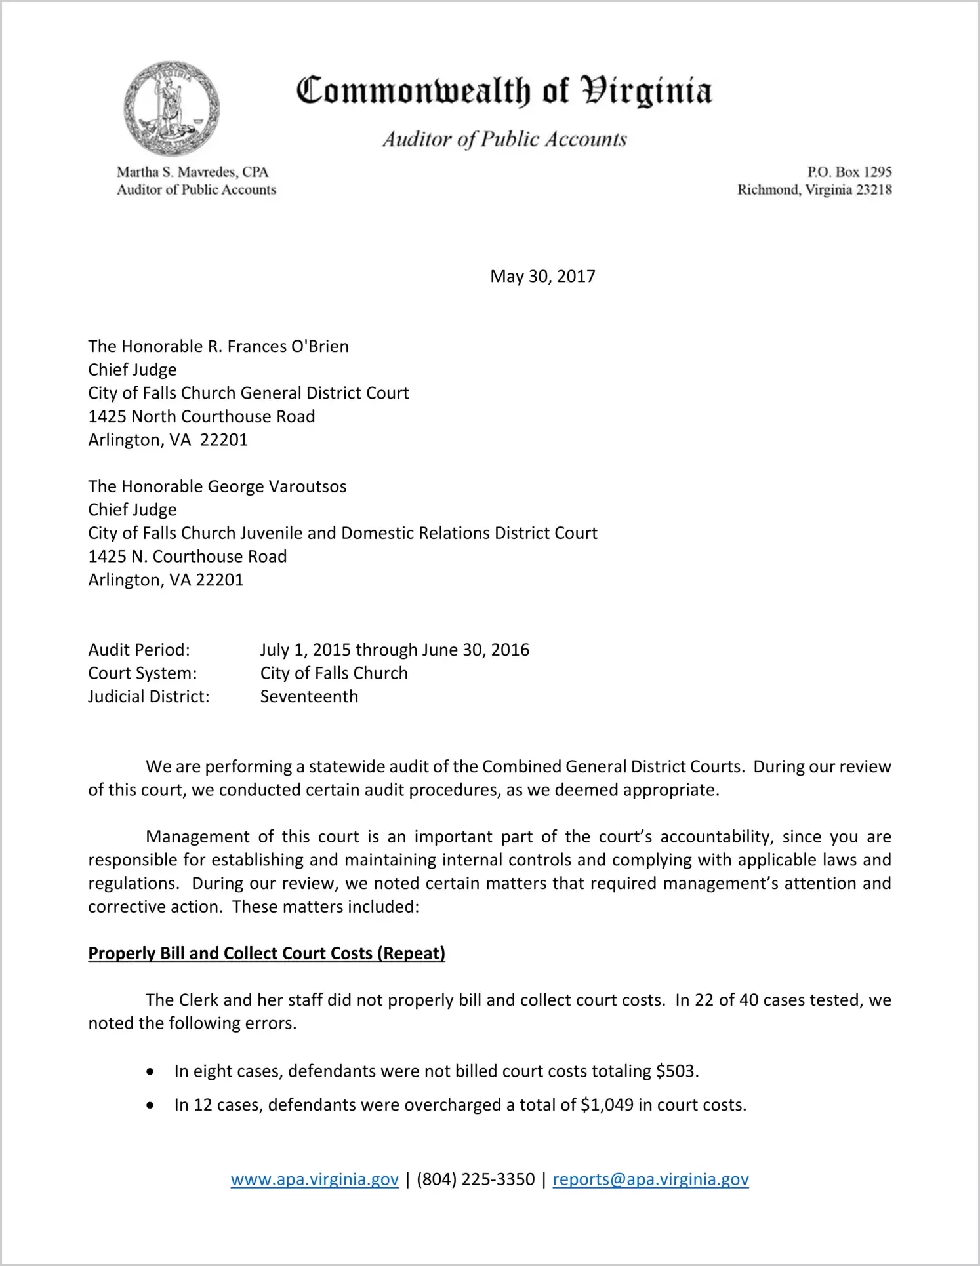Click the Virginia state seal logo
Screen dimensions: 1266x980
pyautogui.click(x=172, y=108)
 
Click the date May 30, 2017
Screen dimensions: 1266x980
pyautogui.click(x=542, y=276)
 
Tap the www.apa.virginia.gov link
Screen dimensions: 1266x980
pyautogui.click(x=314, y=1179)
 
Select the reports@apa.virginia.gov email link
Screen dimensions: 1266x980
pyautogui.click(x=650, y=1179)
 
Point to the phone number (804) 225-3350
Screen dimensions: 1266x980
pyautogui.click(x=476, y=1179)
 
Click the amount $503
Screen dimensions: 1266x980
pyautogui.click(x=676, y=1071)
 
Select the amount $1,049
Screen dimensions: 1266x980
pyautogui.click(x=607, y=1105)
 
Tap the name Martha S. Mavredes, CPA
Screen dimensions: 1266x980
pyautogui.click(x=193, y=172)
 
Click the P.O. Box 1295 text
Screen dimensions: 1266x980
pyautogui.click(x=849, y=172)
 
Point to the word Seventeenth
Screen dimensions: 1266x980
pyautogui.click(x=309, y=696)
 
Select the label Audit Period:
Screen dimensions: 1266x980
pyautogui.click(x=139, y=650)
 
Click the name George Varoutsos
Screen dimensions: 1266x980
pyautogui.click(x=277, y=486)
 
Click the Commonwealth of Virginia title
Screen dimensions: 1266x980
pyautogui.click(x=504, y=91)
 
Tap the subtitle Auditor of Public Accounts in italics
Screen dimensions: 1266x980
pyautogui.click(x=504, y=139)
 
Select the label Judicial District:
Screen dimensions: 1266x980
pyautogui.click(x=149, y=696)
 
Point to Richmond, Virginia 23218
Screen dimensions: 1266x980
pyautogui.click(x=814, y=189)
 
